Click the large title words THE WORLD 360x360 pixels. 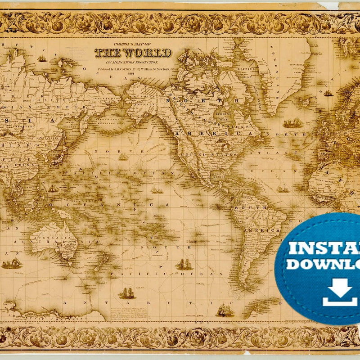coord(133,53)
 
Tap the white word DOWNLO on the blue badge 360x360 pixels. coord(323,264)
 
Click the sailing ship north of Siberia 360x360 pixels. coord(42,58)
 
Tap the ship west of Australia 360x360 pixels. coord(12,263)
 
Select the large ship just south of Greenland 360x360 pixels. coord(292,123)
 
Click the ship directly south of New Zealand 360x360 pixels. coord(127,293)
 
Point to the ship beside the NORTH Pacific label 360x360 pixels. coord(123,157)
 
